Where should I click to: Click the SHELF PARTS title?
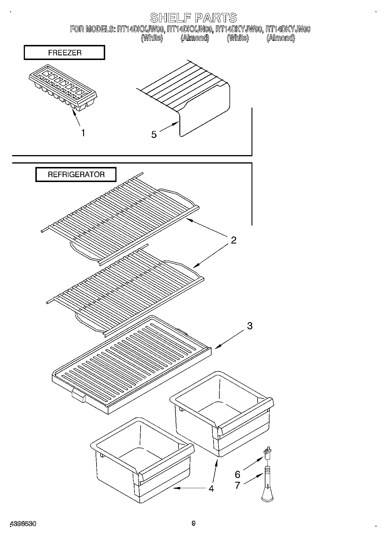[x=194, y=18]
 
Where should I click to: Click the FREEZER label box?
[x=64, y=53]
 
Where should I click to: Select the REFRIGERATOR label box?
[x=76, y=175]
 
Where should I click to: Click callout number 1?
[x=83, y=133]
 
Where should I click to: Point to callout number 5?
[x=154, y=135]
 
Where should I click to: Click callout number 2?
[x=233, y=240]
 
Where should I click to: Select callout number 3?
[x=249, y=326]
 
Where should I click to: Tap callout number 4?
[x=211, y=489]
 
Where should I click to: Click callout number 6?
[x=238, y=475]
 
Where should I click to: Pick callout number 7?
[x=238, y=485]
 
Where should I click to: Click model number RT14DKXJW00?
[x=141, y=29]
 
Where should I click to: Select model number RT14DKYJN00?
[x=288, y=29]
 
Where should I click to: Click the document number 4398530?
[x=23, y=524]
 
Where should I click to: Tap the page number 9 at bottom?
[x=194, y=523]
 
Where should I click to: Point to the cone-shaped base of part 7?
[x=267, y=496]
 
